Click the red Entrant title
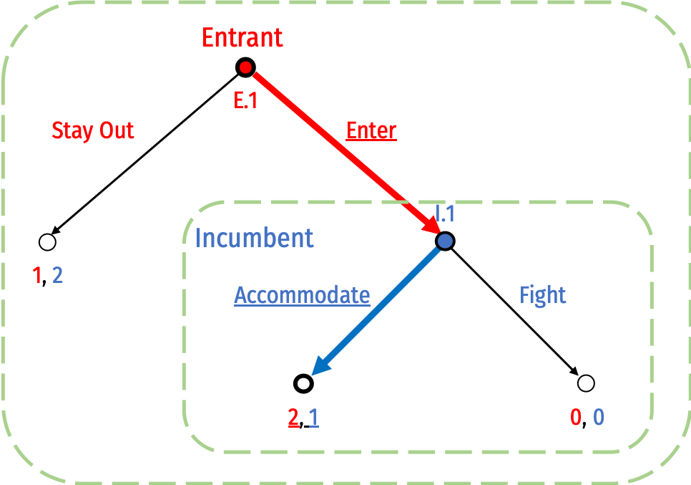(242, 37)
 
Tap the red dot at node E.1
(245, 67)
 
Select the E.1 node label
(245, 101)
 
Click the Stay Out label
(93, 131)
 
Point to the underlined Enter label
(371, 131)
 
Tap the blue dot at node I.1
(445, 241)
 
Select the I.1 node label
(445, 213)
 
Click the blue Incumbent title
(254, 238)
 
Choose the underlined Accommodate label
(302, 295)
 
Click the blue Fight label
(543, 295)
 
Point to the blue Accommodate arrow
(379, 308)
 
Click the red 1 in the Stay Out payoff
(37, 275)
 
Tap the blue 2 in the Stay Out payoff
(57, 275)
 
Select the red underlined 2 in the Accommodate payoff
(293, 418)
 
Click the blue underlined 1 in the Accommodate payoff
(313, 418)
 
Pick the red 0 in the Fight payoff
(576, 417)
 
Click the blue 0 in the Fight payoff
(599, 417)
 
